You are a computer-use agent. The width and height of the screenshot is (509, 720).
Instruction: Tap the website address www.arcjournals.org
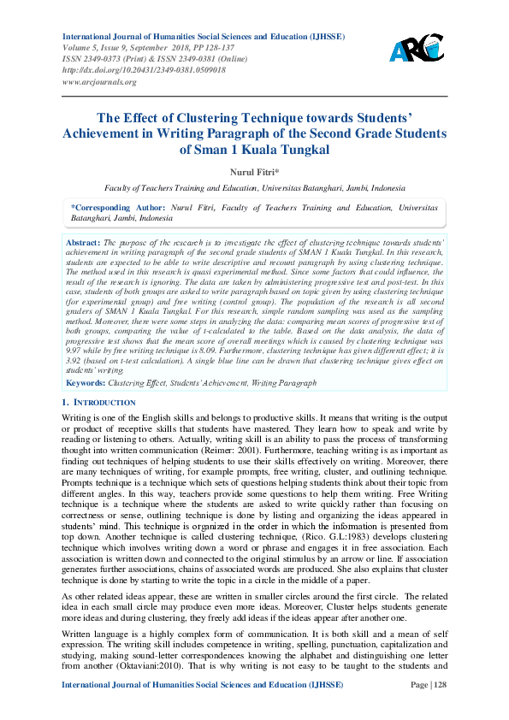[99, 82]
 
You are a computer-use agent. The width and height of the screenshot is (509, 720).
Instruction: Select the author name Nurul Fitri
[254, 172]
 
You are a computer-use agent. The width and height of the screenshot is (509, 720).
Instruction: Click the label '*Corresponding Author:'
[104, 208]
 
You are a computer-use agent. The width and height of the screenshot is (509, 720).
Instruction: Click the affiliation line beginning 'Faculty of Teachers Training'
[254, 188]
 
